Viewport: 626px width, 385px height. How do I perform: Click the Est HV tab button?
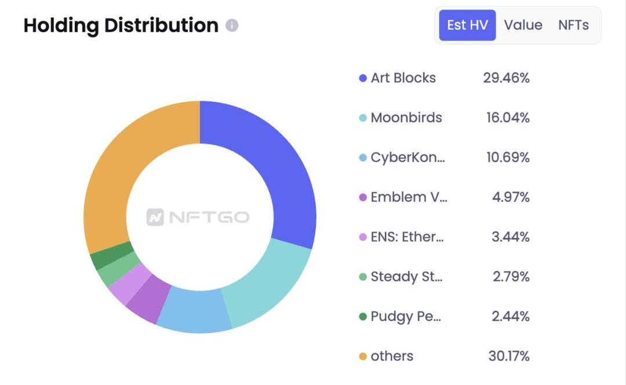(x=467, y=25)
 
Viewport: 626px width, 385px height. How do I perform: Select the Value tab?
(x=523, y=25)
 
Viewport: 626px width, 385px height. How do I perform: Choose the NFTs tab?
(x=573, y=25)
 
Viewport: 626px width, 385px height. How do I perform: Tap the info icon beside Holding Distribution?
(x=232, y=25)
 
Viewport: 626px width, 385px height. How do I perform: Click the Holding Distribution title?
(x=121, y=25)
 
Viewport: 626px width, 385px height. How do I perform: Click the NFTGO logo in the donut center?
(x=198, y=217)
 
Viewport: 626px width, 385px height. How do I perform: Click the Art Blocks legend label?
(x=403, y=78)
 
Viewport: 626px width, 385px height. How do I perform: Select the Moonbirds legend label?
(x=406, y=118)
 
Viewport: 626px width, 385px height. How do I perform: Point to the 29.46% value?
(x=506, y=78)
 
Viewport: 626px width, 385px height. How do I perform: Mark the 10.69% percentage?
(x=508, y=157)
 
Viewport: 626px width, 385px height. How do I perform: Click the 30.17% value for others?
(x=509, y=356)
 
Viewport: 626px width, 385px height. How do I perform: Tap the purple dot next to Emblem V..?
(x=363, y=197)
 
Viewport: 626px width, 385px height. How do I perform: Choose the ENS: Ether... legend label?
(x=407, y=237)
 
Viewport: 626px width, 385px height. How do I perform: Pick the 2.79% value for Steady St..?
(x=511, y=277)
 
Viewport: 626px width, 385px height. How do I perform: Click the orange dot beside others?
(x=363, y=357)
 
